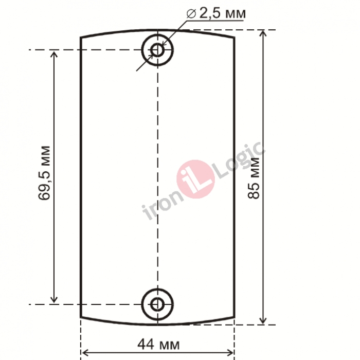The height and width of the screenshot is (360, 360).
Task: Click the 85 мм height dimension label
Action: (x=254, y=177)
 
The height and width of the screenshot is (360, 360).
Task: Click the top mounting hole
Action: (x=157, y=50)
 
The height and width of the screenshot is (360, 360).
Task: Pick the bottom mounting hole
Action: (x=157, y=304)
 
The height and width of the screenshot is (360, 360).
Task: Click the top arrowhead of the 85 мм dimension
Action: (x=263, y=33)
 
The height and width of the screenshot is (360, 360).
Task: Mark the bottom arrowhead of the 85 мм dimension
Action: (x=263, y=321)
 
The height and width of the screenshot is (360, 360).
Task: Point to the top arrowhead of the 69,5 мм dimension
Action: (x=54, y=53)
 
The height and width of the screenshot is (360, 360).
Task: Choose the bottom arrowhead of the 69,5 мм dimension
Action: (x=54, y=300)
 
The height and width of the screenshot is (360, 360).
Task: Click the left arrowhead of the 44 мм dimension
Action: (x=84, y=352)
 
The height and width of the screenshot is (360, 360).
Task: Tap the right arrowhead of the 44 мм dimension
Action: (x=231, y=352)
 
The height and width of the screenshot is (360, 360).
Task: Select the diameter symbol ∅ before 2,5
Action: (x=190, y=14)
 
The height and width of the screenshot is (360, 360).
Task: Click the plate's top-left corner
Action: (x=81, y=38)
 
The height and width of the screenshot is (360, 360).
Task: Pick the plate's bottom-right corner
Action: (x=235, y=318)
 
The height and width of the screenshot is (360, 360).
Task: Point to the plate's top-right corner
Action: (x=235, y=38)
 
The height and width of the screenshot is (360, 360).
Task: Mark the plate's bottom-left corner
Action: (x=81, y=318)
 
